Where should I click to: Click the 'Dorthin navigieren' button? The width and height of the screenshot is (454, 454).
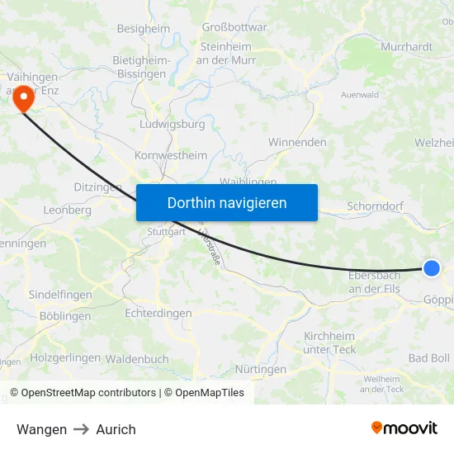coord(227,202)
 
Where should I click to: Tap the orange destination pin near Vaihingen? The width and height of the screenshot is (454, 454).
coord(22,100)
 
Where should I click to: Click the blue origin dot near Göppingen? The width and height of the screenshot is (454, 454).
coord(432,267)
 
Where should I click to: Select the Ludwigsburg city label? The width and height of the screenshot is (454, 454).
coord(173,125)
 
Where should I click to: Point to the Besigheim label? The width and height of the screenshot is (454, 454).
coord(143,28)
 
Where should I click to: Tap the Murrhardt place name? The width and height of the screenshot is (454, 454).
coord(407,47)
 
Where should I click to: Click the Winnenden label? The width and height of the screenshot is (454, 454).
coord(297,142)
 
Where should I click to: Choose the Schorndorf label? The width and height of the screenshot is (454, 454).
coord(375,206)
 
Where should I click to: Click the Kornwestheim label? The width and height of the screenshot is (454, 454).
coord(171,155)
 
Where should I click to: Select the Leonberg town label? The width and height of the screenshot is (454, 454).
coord(68,210)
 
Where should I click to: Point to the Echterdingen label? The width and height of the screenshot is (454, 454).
coord(158,314)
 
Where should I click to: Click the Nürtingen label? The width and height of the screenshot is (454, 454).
coord(260,369)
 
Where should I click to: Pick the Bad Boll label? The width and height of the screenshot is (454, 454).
coord(429,358)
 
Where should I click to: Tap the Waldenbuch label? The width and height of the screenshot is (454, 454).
coord(137,359)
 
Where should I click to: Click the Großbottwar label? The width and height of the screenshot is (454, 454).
coord(234,27)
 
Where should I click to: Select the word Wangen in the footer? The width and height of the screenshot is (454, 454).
coord(41,429)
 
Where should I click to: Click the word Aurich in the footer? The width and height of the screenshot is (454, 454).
coord(116,429)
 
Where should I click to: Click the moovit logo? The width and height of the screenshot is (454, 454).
coord(404,428)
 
